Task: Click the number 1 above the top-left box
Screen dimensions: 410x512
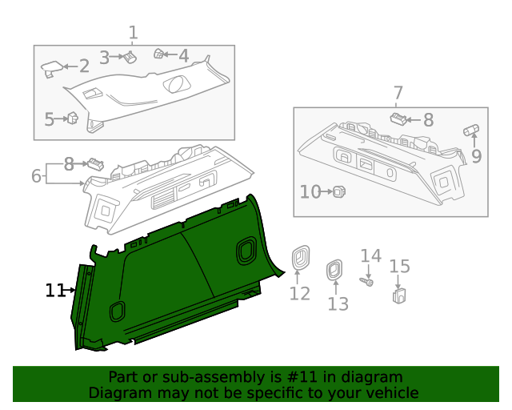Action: tap(133, 33)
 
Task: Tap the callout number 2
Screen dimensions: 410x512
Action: tap(84, 67)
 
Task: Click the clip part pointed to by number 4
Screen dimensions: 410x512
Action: tap(159, 54)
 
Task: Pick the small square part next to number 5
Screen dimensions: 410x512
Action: tap(72, 119)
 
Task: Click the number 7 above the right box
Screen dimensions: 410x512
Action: tap(398, 93)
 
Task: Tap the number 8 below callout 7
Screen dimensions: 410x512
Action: tap(428, 120)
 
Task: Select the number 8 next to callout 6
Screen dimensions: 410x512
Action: tap(69, 164)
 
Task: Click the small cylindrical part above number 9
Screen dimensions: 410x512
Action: tap(470, 130)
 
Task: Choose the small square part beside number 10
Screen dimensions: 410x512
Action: tap(338, 191)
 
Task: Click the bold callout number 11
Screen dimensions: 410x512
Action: tap(54, 290)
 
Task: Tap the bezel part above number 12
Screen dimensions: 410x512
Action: tap(300, 256)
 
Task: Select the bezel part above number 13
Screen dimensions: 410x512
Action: tap(333, 271)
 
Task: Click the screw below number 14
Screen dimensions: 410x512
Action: tap(367, 282)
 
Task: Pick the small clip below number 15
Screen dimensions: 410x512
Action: tap(398, 296)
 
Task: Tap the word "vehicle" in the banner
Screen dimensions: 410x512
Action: tap(391, 393)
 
